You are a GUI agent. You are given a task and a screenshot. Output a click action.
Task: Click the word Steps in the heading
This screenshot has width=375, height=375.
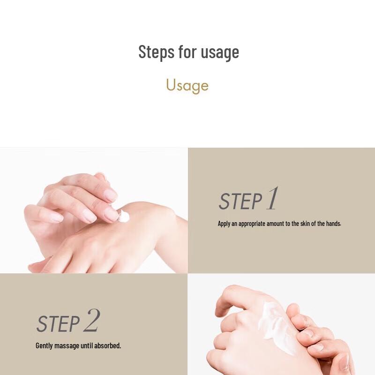tap(156, 52)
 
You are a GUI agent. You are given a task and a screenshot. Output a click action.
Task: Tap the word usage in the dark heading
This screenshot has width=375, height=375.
tap(220, 52)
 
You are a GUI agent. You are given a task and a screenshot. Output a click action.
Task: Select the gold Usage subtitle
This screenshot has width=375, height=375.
tap(187, 85)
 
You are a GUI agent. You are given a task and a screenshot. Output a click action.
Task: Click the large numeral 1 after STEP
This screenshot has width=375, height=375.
tap(272, 199)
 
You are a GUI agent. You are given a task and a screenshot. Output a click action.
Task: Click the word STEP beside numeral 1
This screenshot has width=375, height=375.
tap(240, 202)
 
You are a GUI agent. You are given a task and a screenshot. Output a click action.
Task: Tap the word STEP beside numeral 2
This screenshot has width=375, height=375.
tap(58, 324)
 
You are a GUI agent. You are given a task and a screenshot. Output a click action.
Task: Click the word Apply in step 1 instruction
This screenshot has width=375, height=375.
tap(224, 224)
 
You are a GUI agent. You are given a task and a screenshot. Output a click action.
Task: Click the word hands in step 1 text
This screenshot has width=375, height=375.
tap(332, 224)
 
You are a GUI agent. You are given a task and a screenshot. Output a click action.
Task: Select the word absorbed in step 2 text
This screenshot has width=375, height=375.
tap(108, 346)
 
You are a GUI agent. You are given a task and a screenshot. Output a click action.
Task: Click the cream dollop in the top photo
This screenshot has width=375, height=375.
tap(124, 216)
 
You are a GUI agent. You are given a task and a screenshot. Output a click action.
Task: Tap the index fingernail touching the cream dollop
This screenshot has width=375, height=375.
tap(112, 214)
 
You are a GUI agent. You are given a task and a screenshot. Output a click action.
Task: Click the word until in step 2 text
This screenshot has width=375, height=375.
tap(88, 346)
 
